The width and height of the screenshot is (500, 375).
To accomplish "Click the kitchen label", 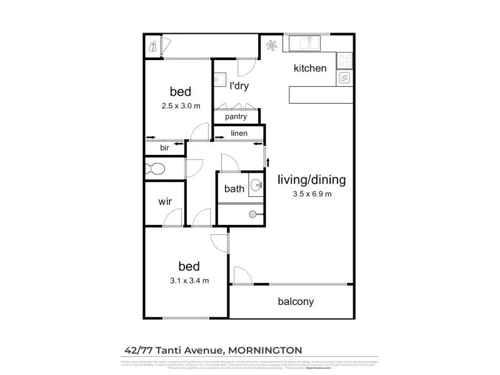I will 310,68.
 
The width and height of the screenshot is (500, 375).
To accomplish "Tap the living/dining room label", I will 311,181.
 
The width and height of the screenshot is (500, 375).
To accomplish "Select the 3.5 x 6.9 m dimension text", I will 312,194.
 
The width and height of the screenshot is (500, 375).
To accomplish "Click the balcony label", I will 296,302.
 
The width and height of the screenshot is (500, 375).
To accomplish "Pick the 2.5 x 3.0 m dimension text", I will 181,106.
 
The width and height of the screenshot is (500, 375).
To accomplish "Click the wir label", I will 164,201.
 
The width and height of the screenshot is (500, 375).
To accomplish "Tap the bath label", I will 234,189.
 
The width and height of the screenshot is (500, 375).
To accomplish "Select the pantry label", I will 235,116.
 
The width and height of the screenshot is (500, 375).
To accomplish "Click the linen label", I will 239,133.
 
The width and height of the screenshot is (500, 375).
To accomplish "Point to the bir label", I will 164,148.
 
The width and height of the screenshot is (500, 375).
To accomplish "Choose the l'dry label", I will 239,86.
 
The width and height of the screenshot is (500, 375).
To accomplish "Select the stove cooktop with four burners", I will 345,60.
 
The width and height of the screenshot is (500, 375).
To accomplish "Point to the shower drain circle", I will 252,214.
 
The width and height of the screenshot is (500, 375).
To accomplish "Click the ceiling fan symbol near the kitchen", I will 272,45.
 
